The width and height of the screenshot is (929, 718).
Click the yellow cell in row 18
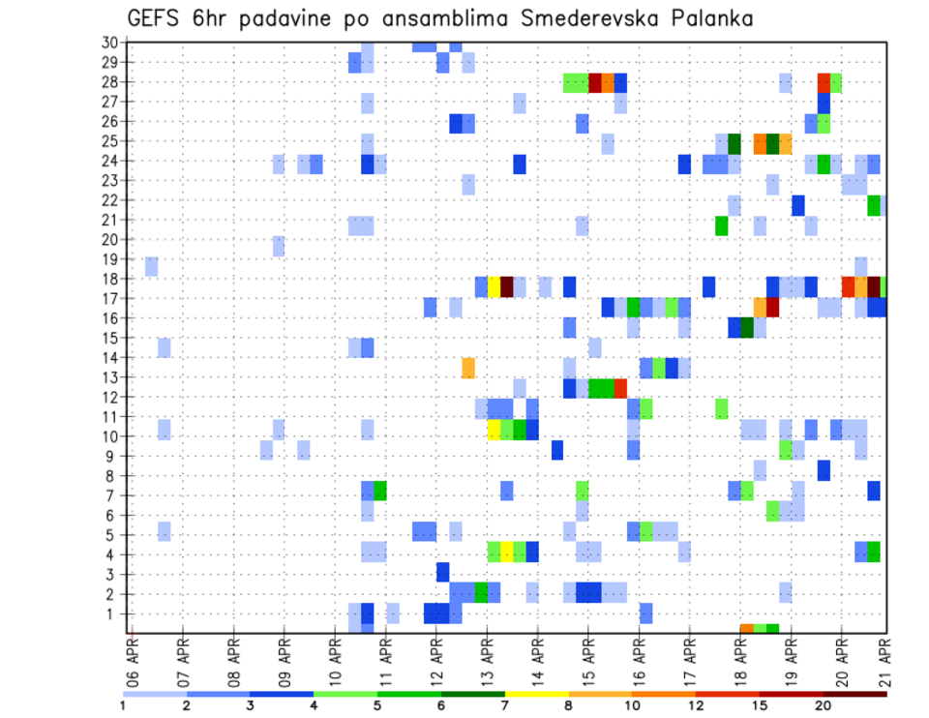[494, 287]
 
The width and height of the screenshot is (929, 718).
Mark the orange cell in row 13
[468, 368]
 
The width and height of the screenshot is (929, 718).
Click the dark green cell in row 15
[746, 328]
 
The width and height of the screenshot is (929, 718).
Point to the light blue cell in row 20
[279, 246]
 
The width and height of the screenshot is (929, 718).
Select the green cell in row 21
[721, 225]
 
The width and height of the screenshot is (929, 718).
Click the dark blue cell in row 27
[824, 103]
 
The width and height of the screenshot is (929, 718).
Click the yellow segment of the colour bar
[536, 694]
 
